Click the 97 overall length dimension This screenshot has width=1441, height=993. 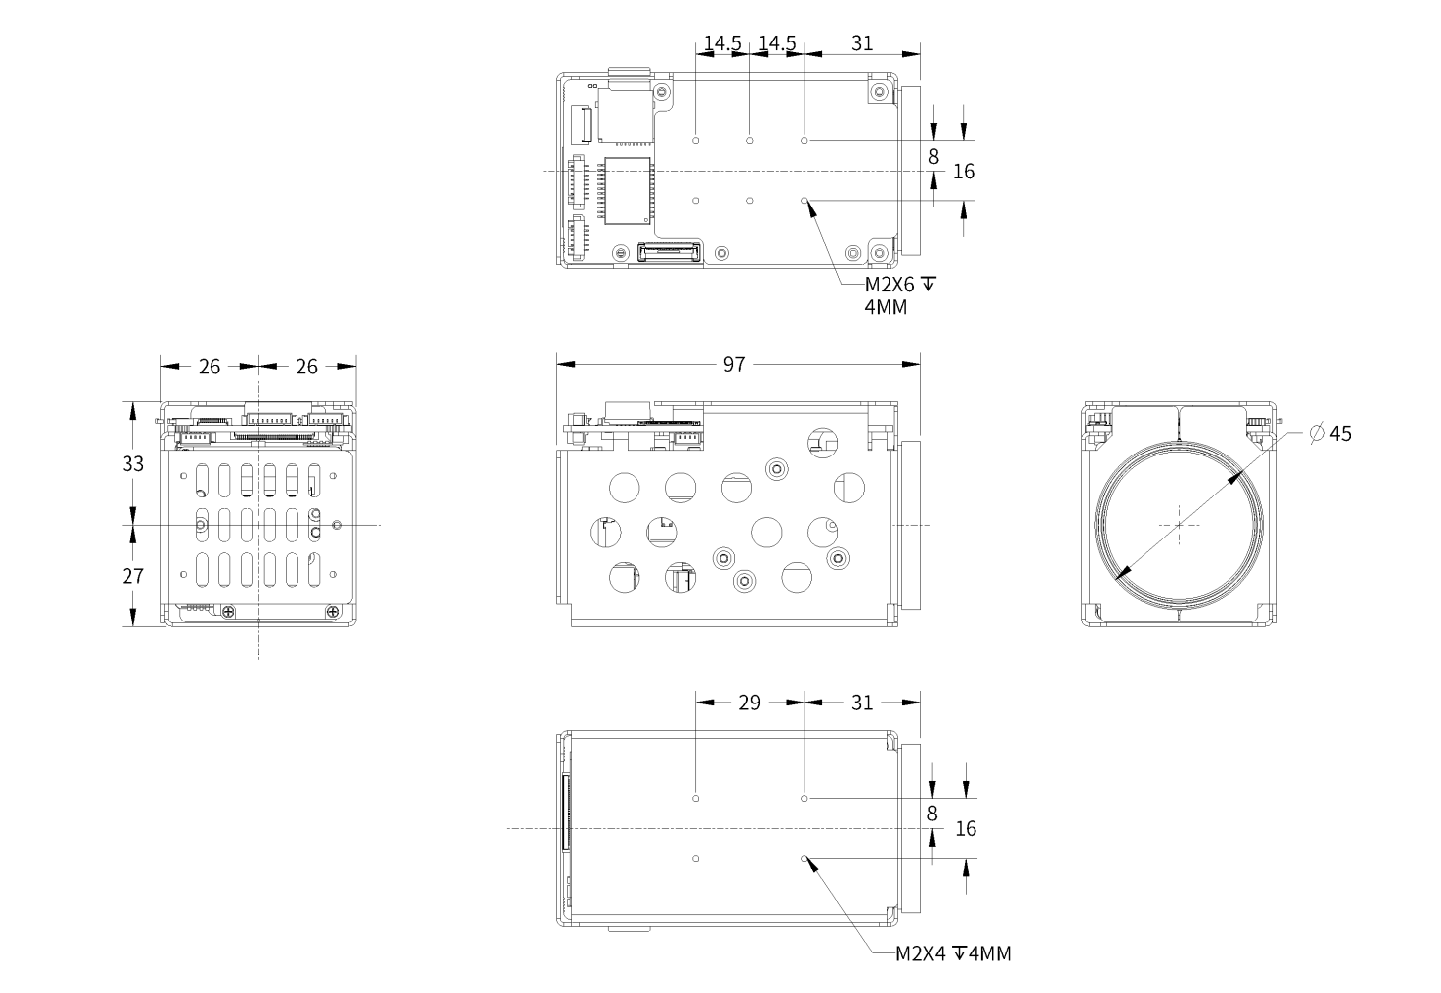(733, 364)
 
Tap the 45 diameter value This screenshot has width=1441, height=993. (1340, 433)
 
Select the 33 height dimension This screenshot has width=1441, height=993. (133, 462)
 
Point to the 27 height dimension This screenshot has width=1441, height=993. (133, 575)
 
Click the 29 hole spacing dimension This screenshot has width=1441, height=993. (750, 702)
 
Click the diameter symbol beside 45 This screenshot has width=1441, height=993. (1315, 433)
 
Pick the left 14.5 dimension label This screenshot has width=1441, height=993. (722, 43)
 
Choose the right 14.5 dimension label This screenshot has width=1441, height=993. (777, 43)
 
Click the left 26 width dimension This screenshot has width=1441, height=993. (210, 366)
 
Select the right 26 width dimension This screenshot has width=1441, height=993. (307, 366)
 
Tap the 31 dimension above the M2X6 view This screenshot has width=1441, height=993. (862, 43)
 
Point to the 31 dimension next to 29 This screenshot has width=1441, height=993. (862, 702)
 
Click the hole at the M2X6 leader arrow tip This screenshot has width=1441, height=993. (805, 201)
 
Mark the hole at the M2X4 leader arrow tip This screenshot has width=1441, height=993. (805, 858)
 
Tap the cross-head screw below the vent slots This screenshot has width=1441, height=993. (228, 613)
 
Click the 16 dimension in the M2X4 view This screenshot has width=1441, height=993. (966, 828)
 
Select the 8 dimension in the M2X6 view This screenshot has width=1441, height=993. (933, 156)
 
